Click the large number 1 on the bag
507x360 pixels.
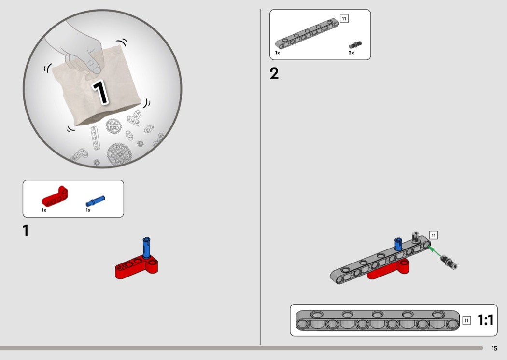(x=100, y=92)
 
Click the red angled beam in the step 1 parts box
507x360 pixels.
(x=55, y=196)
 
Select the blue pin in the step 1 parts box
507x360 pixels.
(x=96, y=201)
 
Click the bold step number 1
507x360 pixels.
(x=26, y=231)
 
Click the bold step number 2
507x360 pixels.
(x=274, y=73)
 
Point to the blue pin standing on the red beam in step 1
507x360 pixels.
(x=146, y=248)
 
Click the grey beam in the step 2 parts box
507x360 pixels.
(x=307, y=34)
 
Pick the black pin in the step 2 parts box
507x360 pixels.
(x=355, y=45)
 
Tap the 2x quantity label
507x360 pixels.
(x=351, y=53)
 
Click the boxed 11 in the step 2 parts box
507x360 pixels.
(x=344, y=19)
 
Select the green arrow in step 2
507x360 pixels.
(x=435, y=251)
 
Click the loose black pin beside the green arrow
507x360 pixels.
(x=449, y=262)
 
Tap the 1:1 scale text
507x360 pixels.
(x=485, y=320)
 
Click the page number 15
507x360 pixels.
(x=494, y=348)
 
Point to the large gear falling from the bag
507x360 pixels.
(x=119, y=154)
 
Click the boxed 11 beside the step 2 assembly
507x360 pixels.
(x=433, y=235)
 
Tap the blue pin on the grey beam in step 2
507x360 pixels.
(x=398, y=244)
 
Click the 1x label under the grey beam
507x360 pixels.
(x=278, y=53)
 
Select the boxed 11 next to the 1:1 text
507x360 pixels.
(x=466, y=320)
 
